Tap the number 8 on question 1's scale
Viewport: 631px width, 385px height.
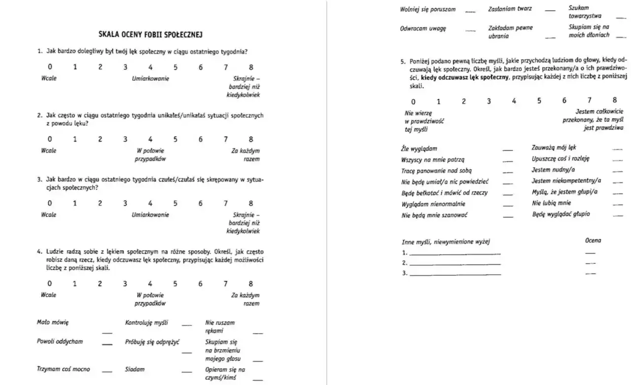click(251, 67)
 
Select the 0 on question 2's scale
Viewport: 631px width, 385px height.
click(49, 139)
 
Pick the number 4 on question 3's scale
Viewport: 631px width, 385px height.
click(150, 203)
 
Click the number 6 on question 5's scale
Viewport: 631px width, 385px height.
click(564, 101)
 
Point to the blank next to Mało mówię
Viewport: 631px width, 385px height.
click(107, 333)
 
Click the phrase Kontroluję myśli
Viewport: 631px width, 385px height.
click(146, 323)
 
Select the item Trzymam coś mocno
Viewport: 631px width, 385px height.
click(64, 369)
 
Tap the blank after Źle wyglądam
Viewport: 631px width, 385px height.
click(507, 149)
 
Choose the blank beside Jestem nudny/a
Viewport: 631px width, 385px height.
click(617, 171)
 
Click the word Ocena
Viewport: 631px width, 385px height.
click(593, 240)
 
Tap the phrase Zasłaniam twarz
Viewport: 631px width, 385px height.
click(510, 9)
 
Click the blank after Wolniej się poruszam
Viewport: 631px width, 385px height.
click(471, 11)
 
